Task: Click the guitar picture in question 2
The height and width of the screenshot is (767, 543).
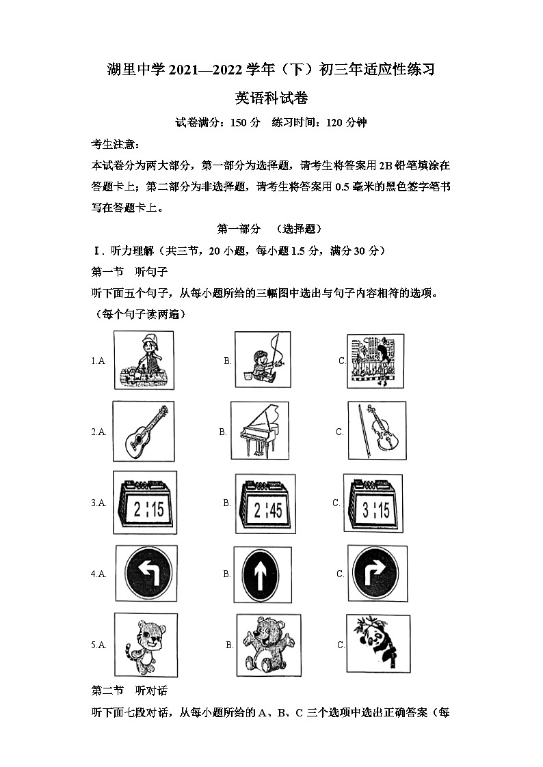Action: pos(144,432)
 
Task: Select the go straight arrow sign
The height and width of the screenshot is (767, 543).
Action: pos(263,574)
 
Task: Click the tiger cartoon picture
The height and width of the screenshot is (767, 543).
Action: pos(143,644)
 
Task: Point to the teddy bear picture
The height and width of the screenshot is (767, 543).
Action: pos(268,644)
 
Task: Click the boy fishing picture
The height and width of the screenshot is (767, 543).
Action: pos(262,361)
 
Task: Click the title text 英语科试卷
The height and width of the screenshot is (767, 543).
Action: pos(271,97)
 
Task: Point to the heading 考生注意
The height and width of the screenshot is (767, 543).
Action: pos(115,145)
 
